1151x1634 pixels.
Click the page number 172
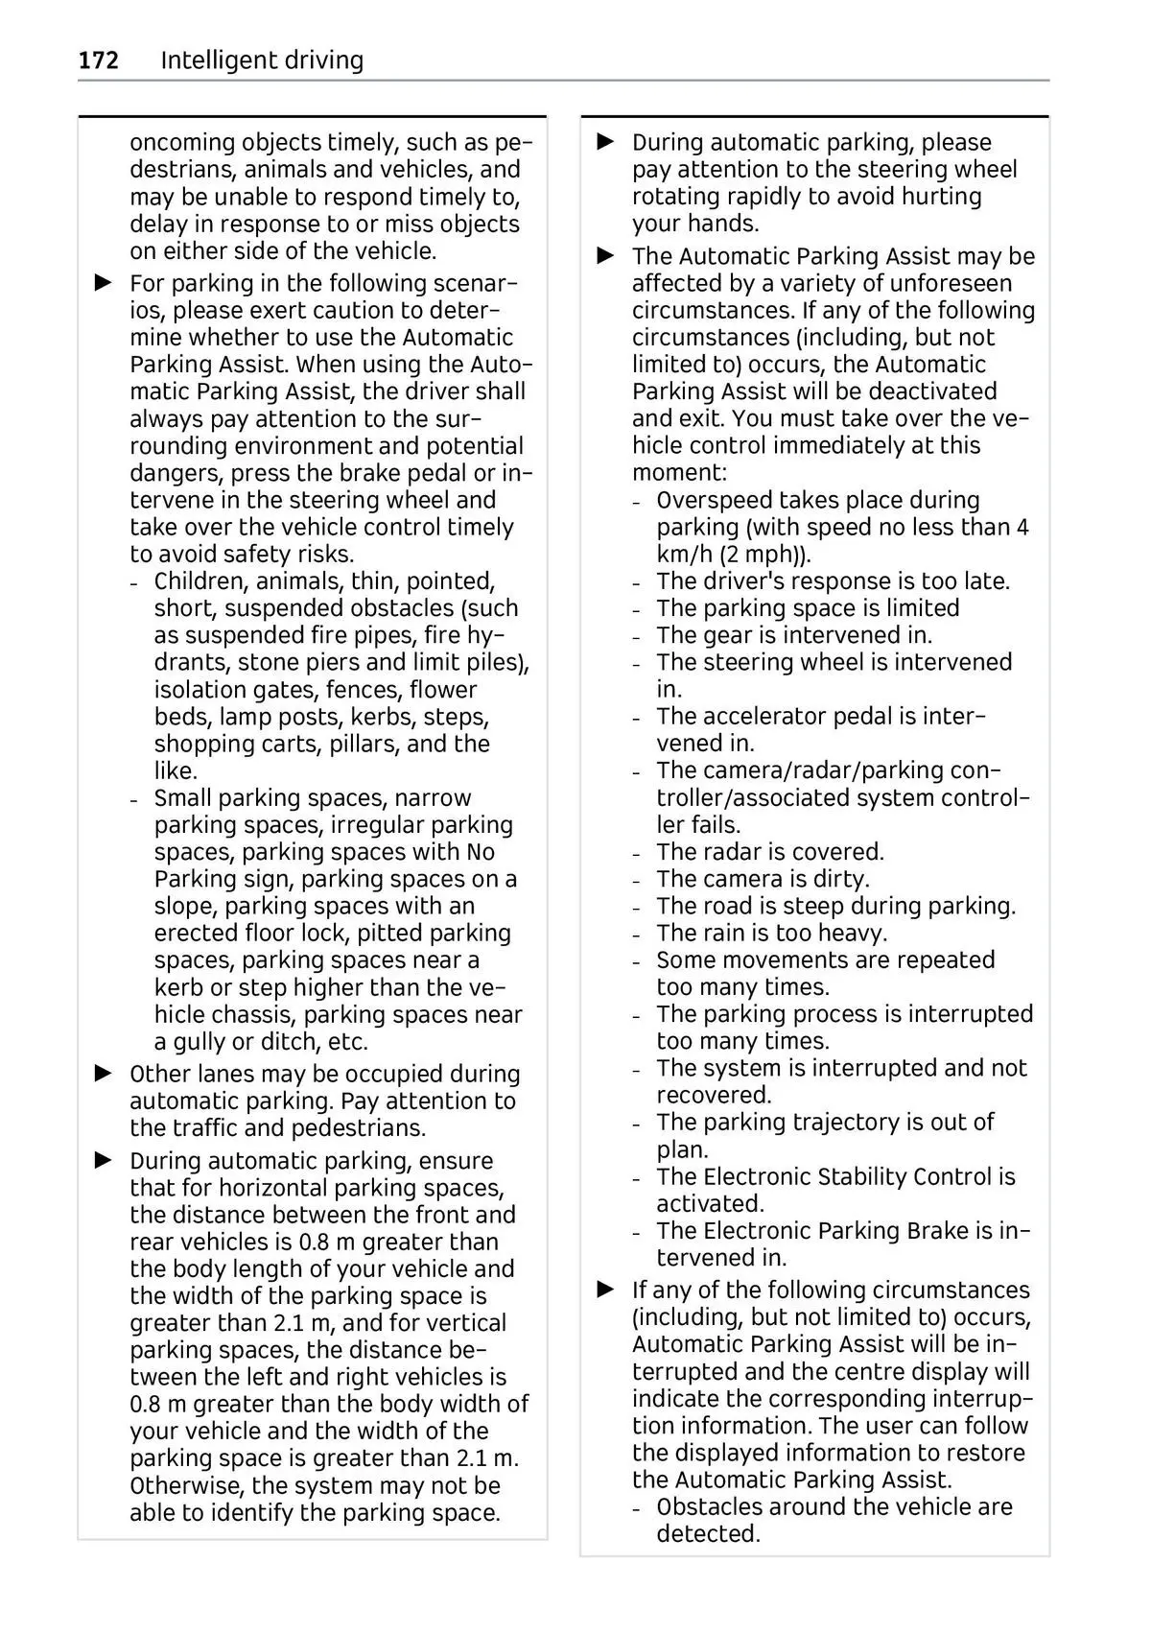click(x=98, y=60)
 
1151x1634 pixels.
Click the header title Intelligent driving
click(x=262, y=60)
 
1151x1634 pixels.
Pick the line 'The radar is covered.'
click(x=769, y=852)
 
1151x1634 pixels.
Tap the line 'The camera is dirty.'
click(x=763, y=879)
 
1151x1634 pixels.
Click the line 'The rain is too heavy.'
click(x=771, y=933)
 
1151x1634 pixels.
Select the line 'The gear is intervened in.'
click(x=794, y=635)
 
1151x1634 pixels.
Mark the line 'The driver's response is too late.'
click(x=833, y=581)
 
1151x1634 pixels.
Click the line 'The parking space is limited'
click(x=808, y=608)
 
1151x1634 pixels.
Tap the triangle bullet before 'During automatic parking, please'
click(x=605, y=142)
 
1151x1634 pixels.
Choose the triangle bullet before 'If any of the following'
click(x=605, y=1290)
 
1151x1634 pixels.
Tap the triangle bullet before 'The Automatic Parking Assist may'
click(x=605, y=256)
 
